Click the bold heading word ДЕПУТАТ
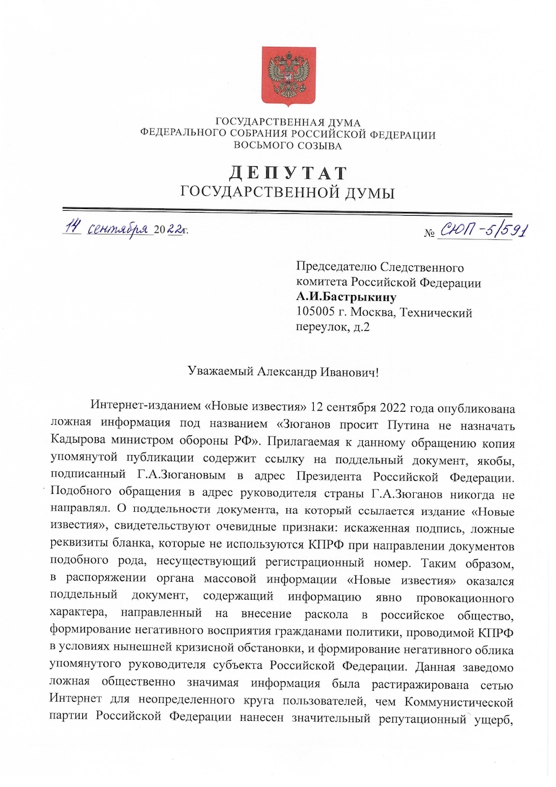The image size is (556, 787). (x=287, y=172)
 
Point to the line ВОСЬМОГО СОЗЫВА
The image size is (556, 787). (x=288, y=147)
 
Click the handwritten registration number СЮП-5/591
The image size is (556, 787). (x=486, y=232)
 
